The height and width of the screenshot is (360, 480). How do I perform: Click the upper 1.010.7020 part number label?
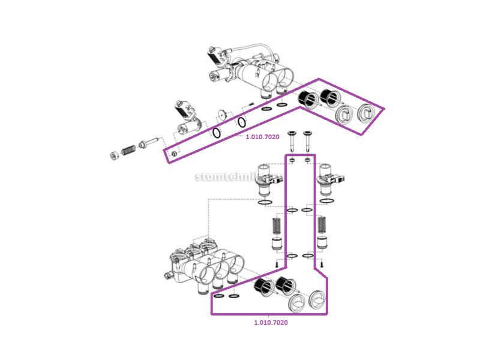pos(262,137)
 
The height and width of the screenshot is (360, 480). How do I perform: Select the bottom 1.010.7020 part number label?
pos(271,323)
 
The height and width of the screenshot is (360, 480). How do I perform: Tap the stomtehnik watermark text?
pos(239,177)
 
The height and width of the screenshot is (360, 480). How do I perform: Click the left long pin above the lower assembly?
pos(291,142)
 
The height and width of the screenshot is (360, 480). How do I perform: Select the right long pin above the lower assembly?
pos(308,142)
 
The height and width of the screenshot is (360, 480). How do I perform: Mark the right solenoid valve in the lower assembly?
pos(331,179)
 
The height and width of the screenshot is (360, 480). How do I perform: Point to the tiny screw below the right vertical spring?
pos(322,264)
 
